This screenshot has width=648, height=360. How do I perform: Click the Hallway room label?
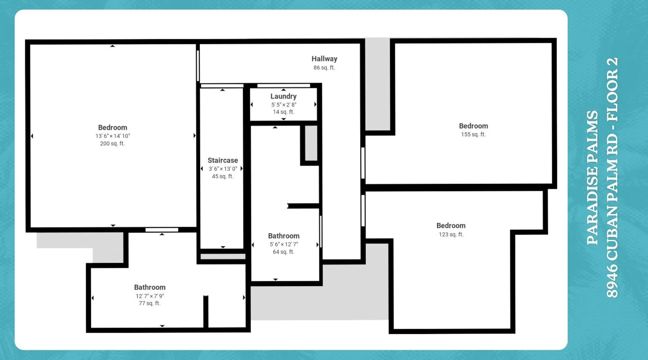pyautogui.click(x=324, y=59)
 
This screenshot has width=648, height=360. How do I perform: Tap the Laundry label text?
pyautogui.click(x=284, y=96)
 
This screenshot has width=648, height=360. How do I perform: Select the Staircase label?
pyautogui.click(x=223, y=160)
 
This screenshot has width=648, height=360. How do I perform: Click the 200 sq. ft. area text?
pyautogui.click(x=112, y=143)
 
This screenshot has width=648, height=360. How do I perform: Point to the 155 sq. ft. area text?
pyautogui.click(x=473, y=134)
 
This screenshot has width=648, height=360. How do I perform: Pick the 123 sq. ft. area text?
pyautogui.click(x=451, y=234)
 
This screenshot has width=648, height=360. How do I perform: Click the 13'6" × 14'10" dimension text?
pyautogui.click(x=113, y=136)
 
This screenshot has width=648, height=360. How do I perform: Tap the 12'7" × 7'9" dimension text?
pyautogui.click(x=150, y=296)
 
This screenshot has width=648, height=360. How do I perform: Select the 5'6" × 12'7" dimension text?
pyautogui.click(x=284, y=244)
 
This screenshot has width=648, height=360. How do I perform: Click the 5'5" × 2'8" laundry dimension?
pyautogui.click(x=284, y=104)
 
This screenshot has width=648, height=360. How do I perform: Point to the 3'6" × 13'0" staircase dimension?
pyautogui.click(x=223, y=168)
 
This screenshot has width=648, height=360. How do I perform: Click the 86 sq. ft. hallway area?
pyautogui.click(x=324, y=67)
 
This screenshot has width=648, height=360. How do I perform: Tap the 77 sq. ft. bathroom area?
pyautogui.click(x=150, y=303)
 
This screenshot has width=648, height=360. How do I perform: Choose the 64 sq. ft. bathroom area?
pyautogui.click(x=284, y=252)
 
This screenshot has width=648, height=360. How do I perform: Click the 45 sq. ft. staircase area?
pyautogui.click(x=223, y=176)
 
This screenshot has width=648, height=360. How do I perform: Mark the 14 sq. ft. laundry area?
pyautogui.click(x=284, y=112)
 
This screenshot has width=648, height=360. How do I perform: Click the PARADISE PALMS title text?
pyautogui.click(x=593, y=177)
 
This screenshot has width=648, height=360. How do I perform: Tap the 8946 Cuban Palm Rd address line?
pyautogui.click(x=612, y=177)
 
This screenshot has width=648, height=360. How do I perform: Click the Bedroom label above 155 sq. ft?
pyautogui.click(x=473, y=126)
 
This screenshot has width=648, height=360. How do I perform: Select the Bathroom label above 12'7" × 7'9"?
pyautogui.click(x=150, y=287)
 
